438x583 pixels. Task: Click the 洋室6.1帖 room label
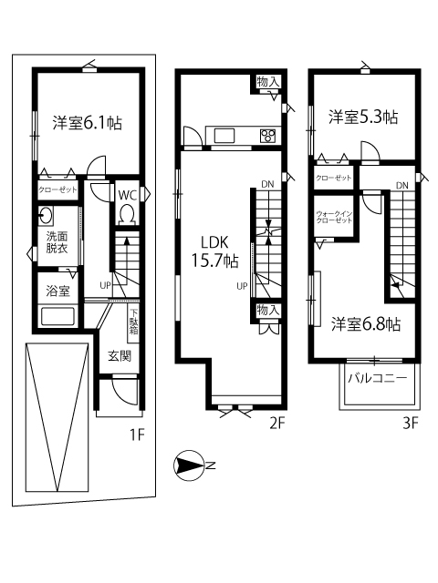(87, 122)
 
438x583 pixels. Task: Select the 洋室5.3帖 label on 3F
(363, 117)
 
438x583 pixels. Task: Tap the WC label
(127, 195)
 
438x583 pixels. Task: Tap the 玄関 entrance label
(119, 355)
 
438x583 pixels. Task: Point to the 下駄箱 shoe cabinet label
(134, 325)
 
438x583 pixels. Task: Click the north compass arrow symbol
(189, 466)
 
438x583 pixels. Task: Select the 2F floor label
(278, 423)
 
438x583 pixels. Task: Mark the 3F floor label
(410, 423)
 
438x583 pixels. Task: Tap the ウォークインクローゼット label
(334, 217)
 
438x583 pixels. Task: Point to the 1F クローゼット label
(57, 191)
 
